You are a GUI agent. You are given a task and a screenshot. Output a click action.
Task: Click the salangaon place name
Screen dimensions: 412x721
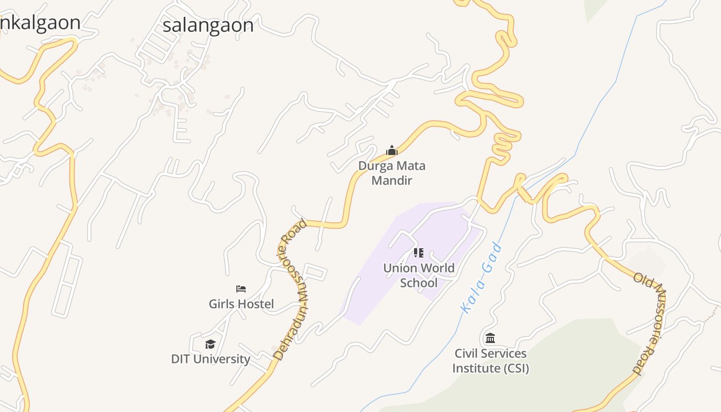208,25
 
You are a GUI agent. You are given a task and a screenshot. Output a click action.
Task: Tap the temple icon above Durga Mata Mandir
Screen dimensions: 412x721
392,150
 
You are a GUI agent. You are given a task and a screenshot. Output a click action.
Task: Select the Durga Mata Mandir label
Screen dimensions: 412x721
392,173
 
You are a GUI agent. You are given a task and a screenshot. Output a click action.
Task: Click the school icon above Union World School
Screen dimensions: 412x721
419,253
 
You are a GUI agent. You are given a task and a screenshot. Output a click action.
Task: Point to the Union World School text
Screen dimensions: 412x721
419,275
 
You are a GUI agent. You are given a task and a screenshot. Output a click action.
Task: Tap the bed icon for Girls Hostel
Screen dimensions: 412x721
241,289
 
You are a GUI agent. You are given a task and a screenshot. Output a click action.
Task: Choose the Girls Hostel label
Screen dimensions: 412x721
241,304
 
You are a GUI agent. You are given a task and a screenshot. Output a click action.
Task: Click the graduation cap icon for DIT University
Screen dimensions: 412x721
210,344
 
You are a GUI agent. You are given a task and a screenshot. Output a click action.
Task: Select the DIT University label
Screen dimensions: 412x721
211,359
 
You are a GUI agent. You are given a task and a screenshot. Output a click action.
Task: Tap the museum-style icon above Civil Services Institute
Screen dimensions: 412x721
490,338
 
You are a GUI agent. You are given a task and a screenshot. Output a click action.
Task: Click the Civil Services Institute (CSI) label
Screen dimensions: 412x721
490,360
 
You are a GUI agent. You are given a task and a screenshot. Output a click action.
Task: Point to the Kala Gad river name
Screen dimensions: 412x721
482,278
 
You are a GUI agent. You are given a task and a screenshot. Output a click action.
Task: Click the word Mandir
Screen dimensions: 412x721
392,181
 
